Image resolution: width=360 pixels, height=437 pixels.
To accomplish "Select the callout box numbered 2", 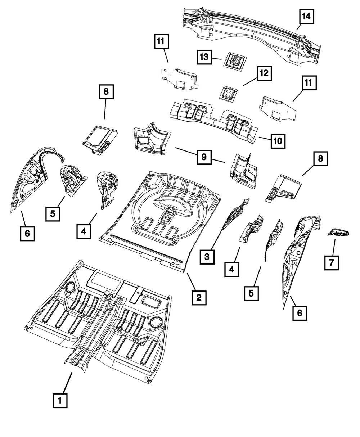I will tap(199, 297).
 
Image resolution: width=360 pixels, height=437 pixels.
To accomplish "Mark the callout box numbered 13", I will tap(204, 57).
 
